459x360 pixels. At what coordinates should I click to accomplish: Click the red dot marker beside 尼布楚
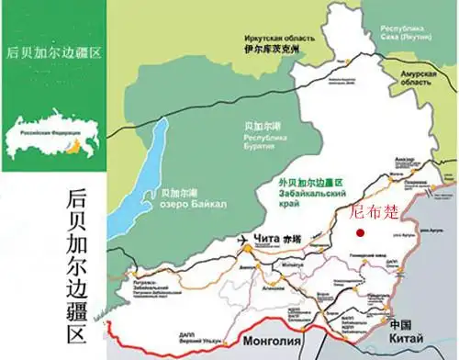point(360,234)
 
